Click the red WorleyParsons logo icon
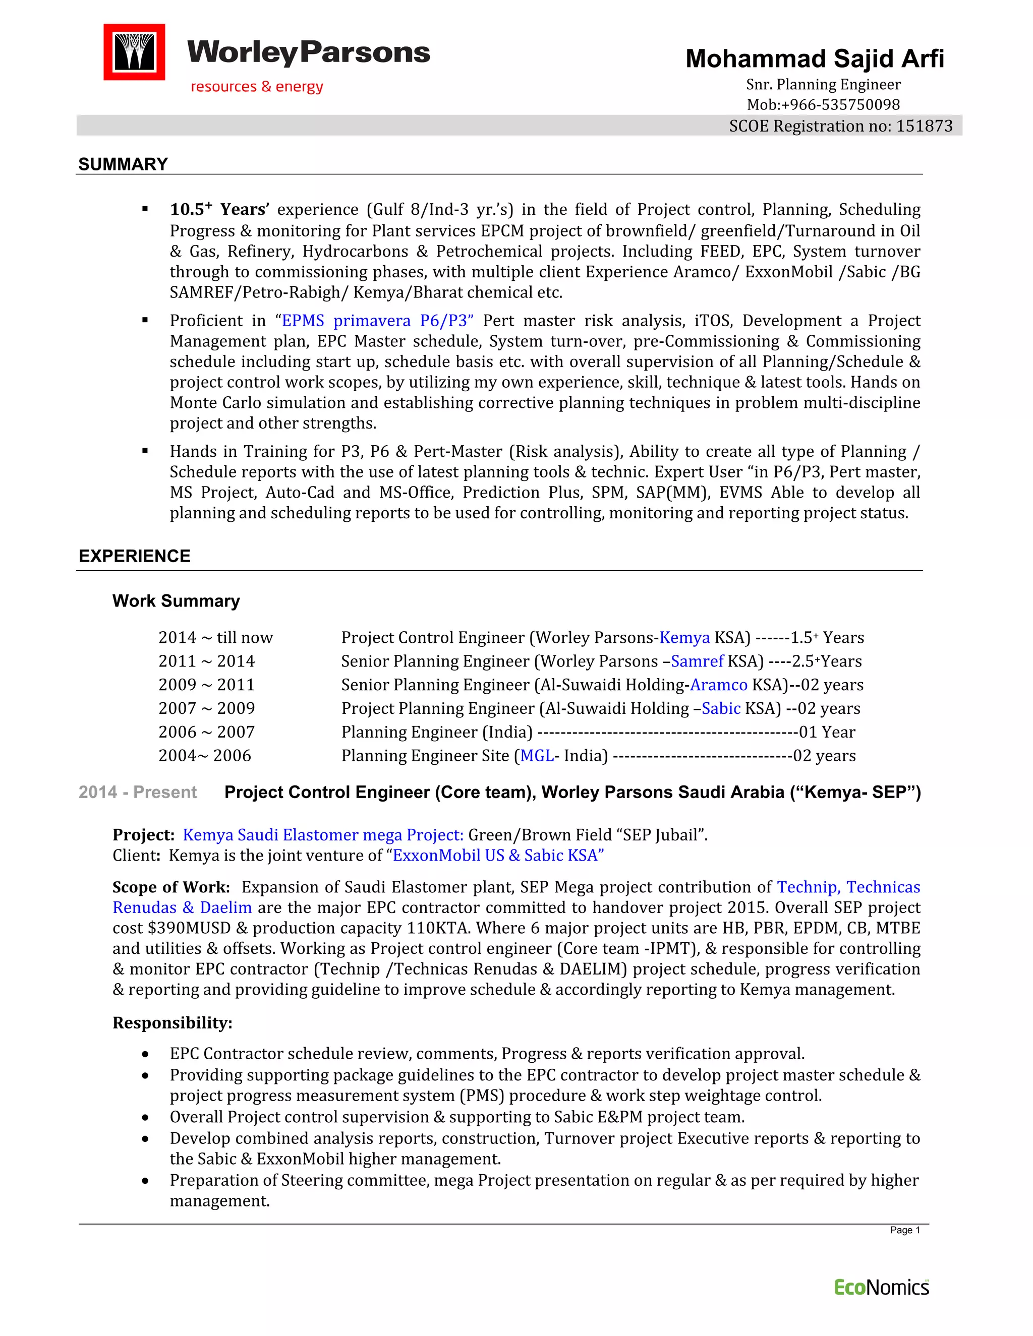pyautogui.click(x=134, y=52)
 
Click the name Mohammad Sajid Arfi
pyautogui.click(x=815, y=58)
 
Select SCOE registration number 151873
pyautogui.click(x=924, y=126)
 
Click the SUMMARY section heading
pyautogui.click(x=123, y=164)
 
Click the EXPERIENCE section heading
pyautogui.click(x=135, y=556)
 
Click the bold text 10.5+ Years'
pyautogui.click(x=219, y=209)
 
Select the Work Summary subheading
pyautogui.click(x=176, y=601)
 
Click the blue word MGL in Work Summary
pyautogui.click(x=537, y=756)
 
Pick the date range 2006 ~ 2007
pyautogui.click(x=206, y=732)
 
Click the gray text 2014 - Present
pyautogui.click(x=138, y=792)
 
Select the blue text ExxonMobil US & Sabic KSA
pyautogui.click(x=498, y=855)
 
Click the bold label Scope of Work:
pyautogui.click(x=171, y=887)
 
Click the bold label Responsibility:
pyautogui.click(x=173, y=1023)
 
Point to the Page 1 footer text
pyautogui.click(x=904, y=1230)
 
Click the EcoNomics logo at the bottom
pyautogui.click(x=881, y=1288)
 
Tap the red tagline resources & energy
pyautogui.click(x=257, y=87)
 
